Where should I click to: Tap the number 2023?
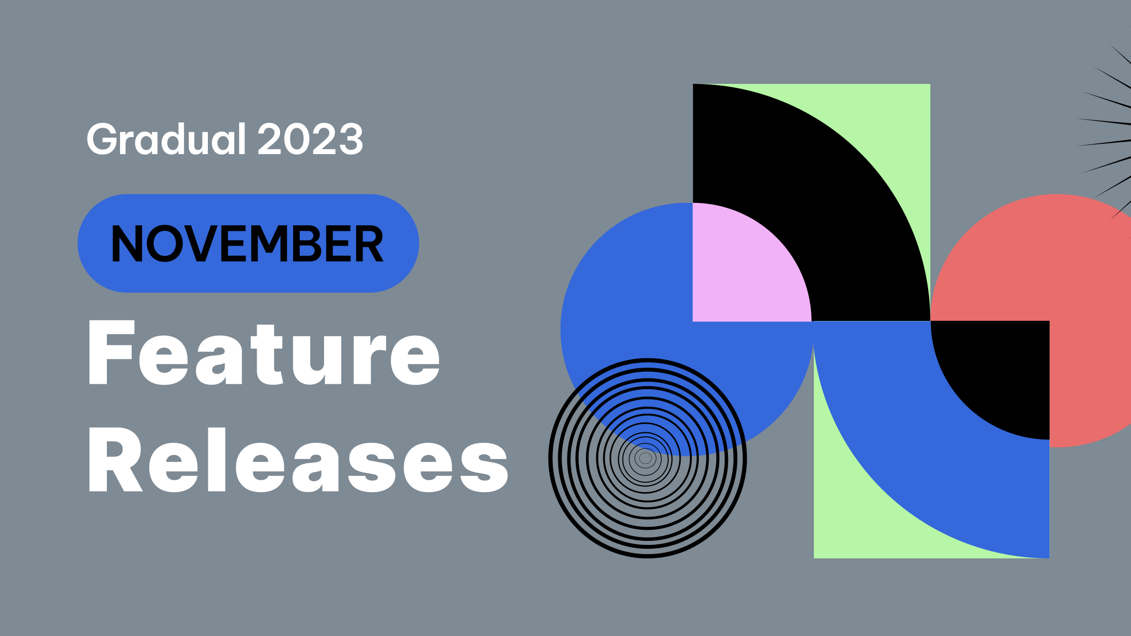310,139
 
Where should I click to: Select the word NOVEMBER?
247,243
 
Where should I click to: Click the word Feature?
264,353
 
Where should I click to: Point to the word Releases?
298,460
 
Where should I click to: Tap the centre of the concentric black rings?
646,458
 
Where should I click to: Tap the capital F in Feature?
111,353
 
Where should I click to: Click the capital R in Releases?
115,460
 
